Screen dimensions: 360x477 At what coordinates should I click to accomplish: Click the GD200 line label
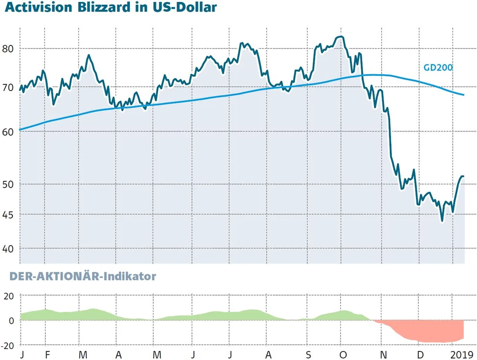tap(438, 68)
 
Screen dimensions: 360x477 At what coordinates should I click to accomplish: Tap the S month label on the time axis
tap(309, 355)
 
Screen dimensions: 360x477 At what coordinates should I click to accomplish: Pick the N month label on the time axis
tap(383, 355)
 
